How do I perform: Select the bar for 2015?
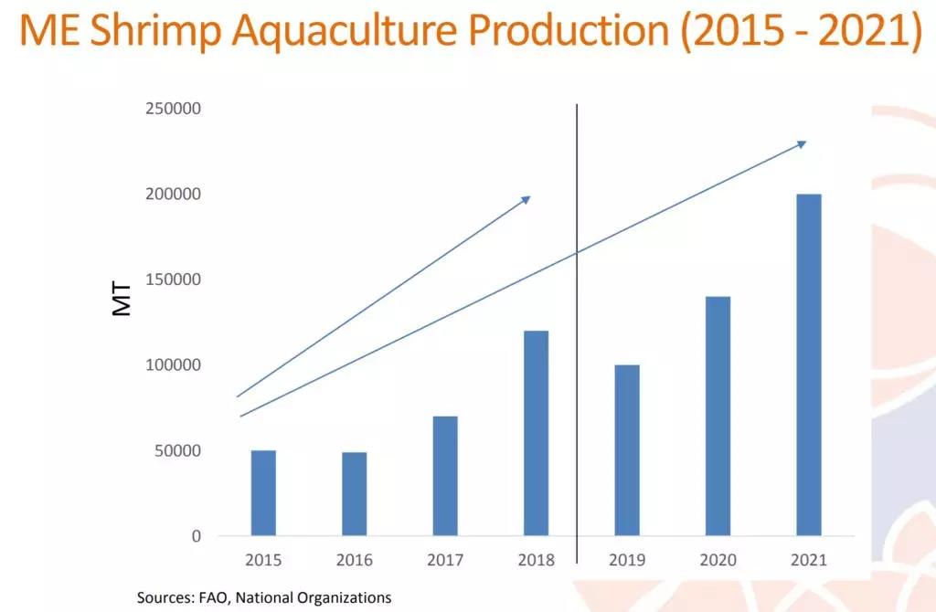(263, 492)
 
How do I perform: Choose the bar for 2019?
(627, 449)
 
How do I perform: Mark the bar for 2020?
(718, 416)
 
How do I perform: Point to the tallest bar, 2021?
(809, 364)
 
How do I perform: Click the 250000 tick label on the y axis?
(173, 109)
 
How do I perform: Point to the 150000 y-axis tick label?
(173, 280)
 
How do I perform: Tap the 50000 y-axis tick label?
(176, 450)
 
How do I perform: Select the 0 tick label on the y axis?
(196, 536)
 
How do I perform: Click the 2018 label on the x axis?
(536, 560)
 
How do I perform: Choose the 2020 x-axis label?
(718, 560)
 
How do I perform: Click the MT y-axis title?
(122, 298)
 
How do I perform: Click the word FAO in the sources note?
(213, 597)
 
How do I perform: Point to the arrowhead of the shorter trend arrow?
(526, 198)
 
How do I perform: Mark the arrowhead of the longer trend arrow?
(802, 143)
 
